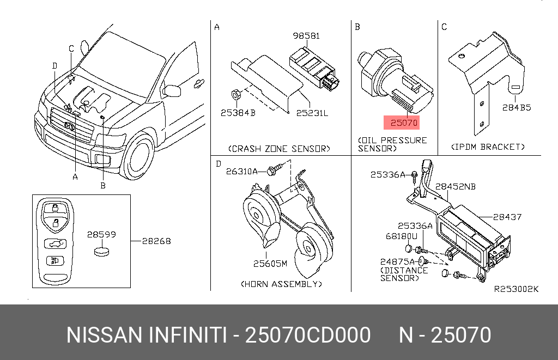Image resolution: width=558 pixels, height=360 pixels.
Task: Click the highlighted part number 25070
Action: (x=401, y=123)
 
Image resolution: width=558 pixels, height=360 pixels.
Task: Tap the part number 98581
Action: (x=307, y=36)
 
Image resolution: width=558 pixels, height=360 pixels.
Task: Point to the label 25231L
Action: (x=312, y=113)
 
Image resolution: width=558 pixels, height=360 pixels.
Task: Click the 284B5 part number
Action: (x=516, y=108)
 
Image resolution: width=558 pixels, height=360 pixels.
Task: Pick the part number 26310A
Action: (x=244, y=171)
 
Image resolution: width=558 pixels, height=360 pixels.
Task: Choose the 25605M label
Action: (x=270, y=264)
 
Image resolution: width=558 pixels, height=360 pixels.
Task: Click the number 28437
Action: (x=507, y=217)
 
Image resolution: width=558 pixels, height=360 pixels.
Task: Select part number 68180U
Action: (x=401, y=236)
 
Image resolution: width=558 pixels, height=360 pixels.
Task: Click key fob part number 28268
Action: (x=156, y=240)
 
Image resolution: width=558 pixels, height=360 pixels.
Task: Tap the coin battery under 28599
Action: (x=102, y=251)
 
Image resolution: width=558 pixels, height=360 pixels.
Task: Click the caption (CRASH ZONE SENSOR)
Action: (x=279, y=148)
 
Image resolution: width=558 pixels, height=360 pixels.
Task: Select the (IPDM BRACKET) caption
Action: (x=488, y=147)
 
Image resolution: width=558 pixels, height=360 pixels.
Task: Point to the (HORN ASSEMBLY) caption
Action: (x=281, y=284)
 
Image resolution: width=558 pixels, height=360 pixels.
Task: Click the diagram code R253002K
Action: (x=515, y=289)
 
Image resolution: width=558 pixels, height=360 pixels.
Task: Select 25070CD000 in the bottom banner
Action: (x=308, y=334)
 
